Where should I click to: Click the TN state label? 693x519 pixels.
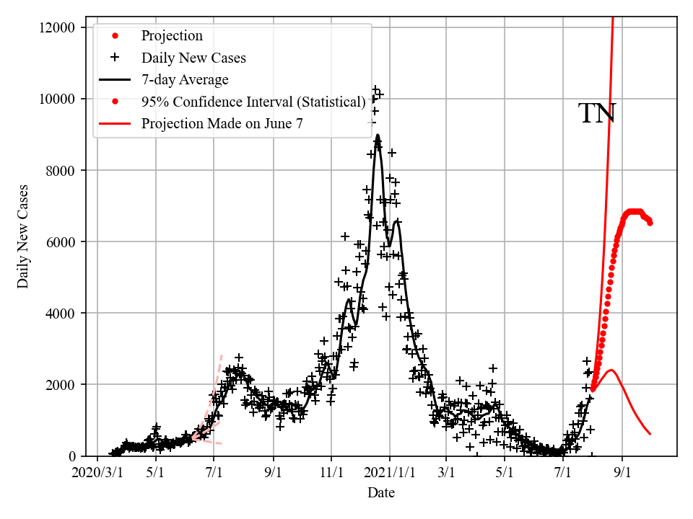pyautogui.click(x=597, y=114)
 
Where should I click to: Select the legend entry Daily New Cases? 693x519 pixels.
pyautogui.click(x=193, y=58)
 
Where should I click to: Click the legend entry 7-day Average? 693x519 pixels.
pyautogui.click(x=184, y=79)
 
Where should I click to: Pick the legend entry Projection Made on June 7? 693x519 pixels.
pyautogui.click(x=222, y=123)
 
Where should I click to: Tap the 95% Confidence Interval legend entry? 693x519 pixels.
pyautogui.click(x=253, y=102)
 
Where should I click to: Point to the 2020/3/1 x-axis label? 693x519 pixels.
pyautogui.click(x=97, y=474)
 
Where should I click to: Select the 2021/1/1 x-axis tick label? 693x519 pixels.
pyautogui.click(x=390, y=474)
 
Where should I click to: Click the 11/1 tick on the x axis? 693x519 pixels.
pyautogui.click(x=331, y=474)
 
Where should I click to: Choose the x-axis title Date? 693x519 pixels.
pyautogui.click(x=380, y=493)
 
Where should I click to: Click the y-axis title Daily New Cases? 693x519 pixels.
pyautogui.click(x=23, y=236)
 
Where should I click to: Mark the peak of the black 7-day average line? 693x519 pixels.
pyautogui.click(x=378, y=135)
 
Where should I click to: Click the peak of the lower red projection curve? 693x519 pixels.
pyautogui.click(x=611, y=370)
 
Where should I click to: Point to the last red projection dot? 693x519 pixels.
pyautogui.click(x=650, y=223)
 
